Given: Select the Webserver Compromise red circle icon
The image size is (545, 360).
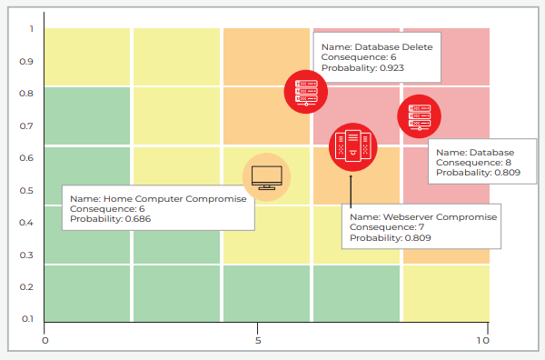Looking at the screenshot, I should [351, 145].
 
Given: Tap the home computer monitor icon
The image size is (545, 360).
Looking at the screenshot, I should [267, 176].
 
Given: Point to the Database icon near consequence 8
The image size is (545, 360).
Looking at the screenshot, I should [419, 115].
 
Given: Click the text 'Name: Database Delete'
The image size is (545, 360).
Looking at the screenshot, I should [377, 47].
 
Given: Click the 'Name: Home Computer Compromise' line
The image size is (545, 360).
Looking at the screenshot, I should [157, 197].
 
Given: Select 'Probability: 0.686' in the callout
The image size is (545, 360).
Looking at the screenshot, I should [111, 219].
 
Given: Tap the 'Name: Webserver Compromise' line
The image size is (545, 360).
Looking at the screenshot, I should [423, 217].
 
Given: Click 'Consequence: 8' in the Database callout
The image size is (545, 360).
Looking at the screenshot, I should [474, 162].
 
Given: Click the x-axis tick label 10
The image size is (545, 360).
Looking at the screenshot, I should [482, 341].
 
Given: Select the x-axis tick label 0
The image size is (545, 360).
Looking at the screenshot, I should [45, 341].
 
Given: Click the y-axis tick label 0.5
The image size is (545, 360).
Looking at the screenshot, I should [27, 190].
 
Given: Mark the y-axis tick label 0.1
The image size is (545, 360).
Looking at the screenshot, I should [27, 318].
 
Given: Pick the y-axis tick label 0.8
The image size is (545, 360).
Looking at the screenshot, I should [27, 93].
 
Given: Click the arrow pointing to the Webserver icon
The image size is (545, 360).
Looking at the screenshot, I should [350, 186].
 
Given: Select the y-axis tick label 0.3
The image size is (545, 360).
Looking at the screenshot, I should [27, 255].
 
